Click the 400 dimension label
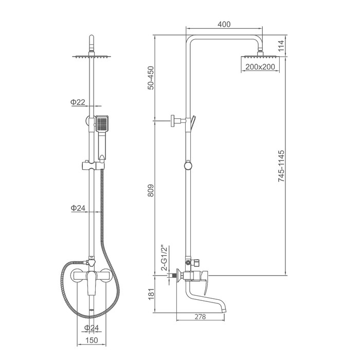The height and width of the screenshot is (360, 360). coord(224,24)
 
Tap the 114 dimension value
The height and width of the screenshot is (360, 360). coord(281,46)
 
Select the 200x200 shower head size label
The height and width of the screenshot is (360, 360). coord(260,66)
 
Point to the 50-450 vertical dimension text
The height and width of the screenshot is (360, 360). coord(151,78)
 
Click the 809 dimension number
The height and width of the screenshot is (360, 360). coord(151,190)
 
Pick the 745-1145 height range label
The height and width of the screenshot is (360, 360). coord(281,166)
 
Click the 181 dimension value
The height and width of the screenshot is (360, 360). coord(151,294)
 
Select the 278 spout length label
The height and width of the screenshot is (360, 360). coord(201,317)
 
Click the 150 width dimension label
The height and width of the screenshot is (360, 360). coord(92,340)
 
